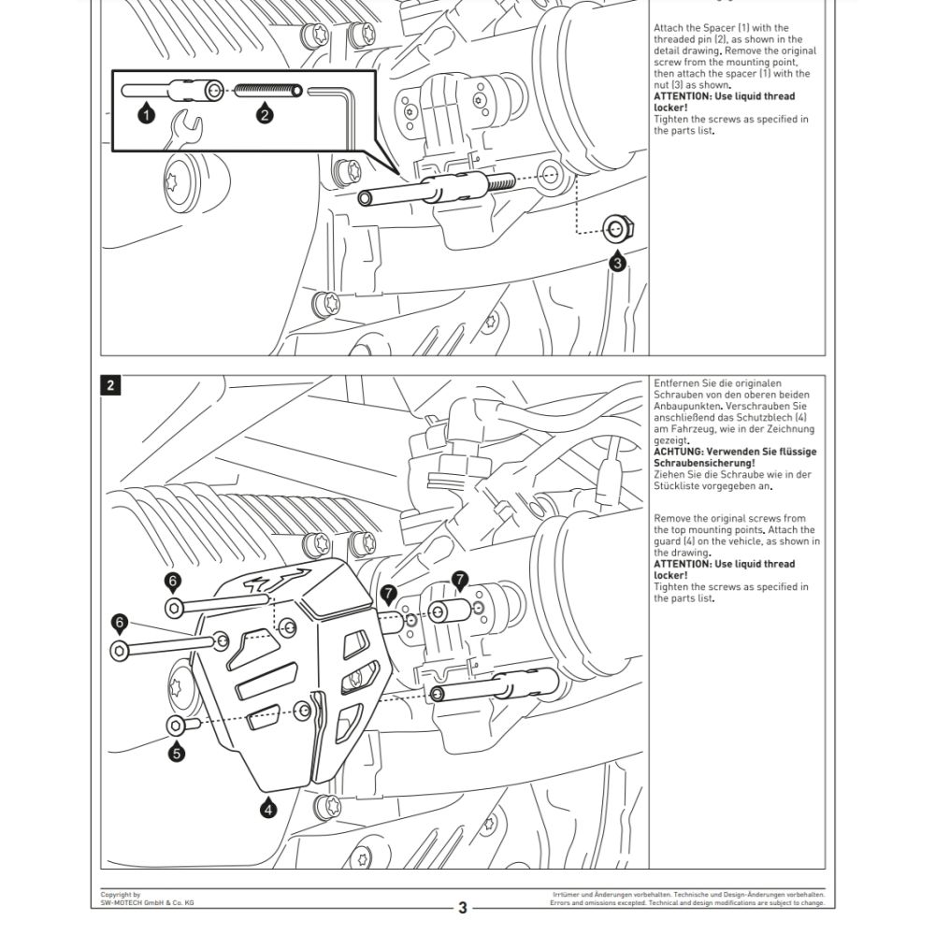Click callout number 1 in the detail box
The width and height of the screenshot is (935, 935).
146,114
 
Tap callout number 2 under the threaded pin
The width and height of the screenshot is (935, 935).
265,114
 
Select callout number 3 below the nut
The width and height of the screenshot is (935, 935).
616,264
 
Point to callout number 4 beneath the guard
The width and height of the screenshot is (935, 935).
268,810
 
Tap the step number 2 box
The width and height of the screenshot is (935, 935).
111,385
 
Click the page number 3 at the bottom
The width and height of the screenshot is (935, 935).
462,907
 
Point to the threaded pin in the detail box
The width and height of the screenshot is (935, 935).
268,91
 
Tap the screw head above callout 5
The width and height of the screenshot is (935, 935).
176,726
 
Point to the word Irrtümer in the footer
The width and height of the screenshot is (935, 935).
568,895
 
